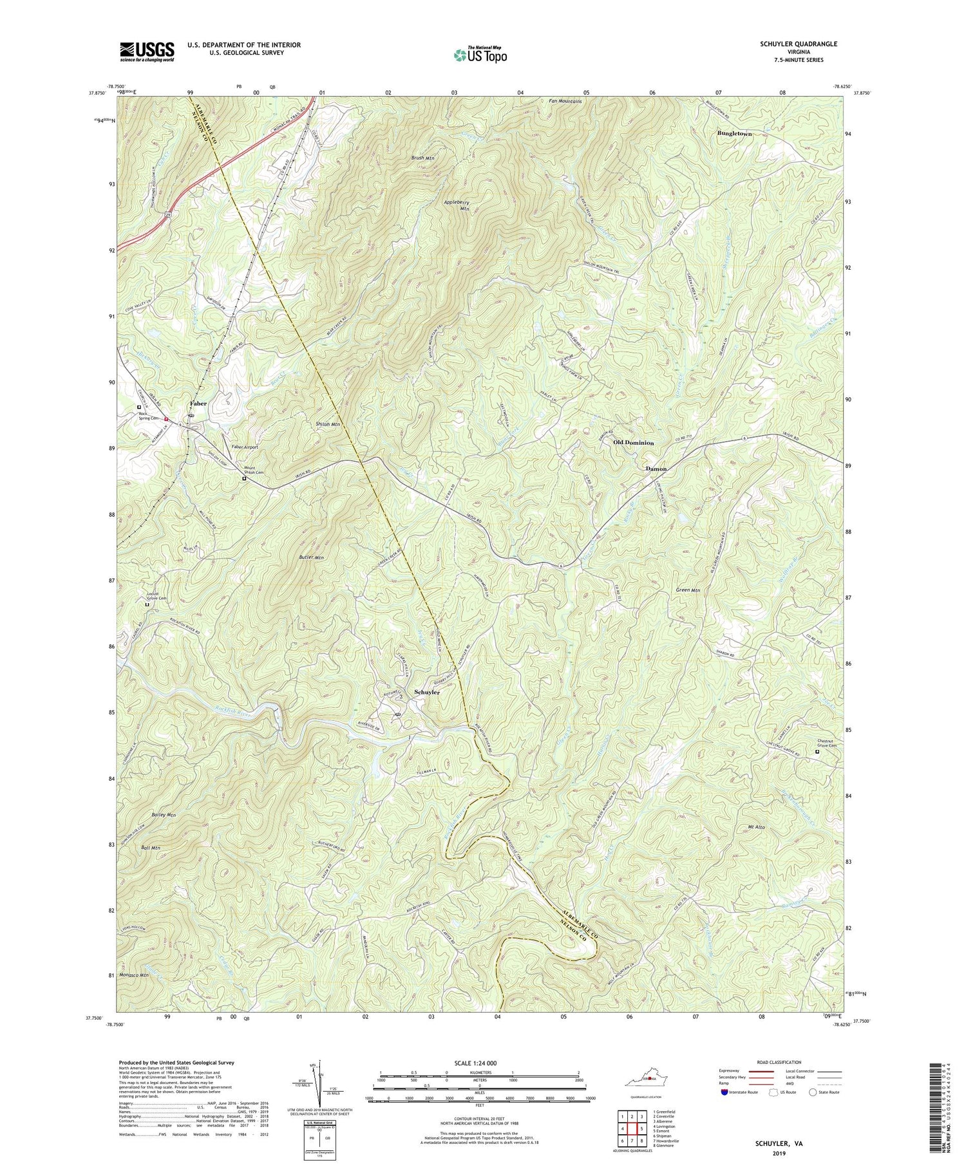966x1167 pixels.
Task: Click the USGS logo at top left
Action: tap(146, 51)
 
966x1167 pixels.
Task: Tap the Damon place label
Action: tap(656, 469)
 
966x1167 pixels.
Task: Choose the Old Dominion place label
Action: tap(634, 443)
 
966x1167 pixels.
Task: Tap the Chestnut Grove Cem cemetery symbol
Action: tap(818, 752)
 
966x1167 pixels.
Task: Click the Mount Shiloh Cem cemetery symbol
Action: tap(244, 479)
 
